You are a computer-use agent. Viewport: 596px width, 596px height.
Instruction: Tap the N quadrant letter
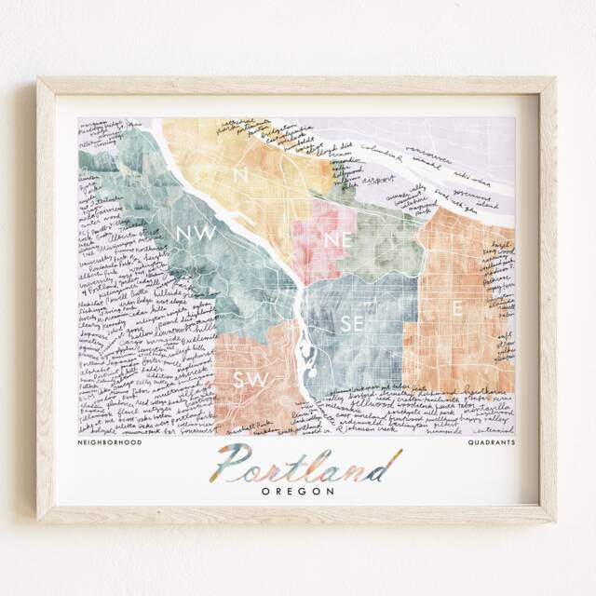click(240, 174)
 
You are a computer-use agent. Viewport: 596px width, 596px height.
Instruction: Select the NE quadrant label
click(336, 239)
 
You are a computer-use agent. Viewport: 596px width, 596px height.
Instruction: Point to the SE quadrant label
click(352, 323)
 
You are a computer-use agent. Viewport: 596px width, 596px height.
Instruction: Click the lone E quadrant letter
click(457, 306)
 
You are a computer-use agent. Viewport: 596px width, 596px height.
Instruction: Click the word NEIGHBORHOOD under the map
click(111, 443)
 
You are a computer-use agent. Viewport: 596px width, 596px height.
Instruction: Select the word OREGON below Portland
click(298, 491)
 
